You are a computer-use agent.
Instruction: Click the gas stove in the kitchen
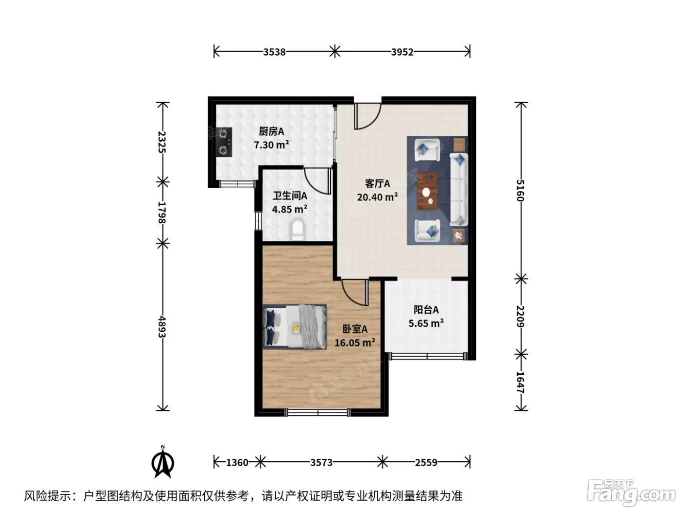pos(224,142)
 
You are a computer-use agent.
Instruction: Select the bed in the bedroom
pos(295,326)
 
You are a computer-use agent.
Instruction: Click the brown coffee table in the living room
pos(427,191)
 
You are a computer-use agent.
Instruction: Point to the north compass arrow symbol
pos(163,463)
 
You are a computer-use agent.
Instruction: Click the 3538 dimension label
pos(274,52)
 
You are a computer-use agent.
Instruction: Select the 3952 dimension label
pos(402,52)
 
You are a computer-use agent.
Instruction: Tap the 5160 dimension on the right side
pos(520,191)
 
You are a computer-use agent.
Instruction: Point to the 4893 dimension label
pos(162,327)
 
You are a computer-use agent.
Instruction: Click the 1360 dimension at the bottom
pos(237,463)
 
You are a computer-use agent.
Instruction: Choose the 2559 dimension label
pos(426,463)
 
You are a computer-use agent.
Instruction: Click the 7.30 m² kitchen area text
pos(271,145)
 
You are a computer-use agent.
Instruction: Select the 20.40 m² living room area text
pos(377,197)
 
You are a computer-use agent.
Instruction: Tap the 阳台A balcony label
pos(426,310)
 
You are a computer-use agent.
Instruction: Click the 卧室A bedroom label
pos(355,329)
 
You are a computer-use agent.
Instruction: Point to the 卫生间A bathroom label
pos(290,195)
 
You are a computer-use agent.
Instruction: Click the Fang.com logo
pos(631,493)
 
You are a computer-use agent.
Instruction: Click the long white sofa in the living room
pos(459,190)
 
